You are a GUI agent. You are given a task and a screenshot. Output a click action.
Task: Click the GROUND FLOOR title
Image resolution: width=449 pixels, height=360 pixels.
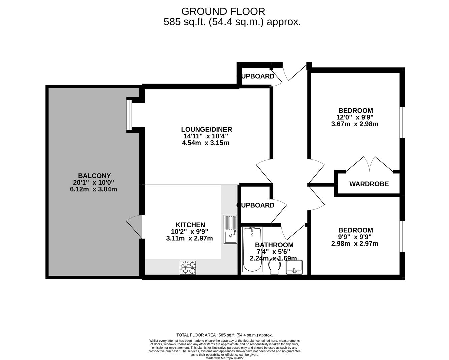pyautogui.click(x=223, y=11)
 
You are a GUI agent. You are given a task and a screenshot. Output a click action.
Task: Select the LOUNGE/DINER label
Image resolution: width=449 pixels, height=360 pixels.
pyautogui.click(x=206, y=129)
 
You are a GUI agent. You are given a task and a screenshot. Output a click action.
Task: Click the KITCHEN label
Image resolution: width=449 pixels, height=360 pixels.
pyautogui.click(x=190, y=225)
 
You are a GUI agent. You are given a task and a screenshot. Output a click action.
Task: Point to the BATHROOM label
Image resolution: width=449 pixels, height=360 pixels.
pyautogui.click(x=274, y=245)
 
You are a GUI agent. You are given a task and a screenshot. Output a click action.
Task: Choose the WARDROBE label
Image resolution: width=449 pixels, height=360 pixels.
pyautogui.click(x=369, y=184)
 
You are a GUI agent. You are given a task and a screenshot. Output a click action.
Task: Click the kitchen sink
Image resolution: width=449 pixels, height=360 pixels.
pyautogui.click(x=230, y=229)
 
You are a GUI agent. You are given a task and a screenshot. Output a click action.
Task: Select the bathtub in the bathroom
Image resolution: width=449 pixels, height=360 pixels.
pyautogui.click(x=252, y=249)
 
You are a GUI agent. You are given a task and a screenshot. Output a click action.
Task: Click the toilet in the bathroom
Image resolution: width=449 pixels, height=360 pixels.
pyautogui.click(x=275, y=267)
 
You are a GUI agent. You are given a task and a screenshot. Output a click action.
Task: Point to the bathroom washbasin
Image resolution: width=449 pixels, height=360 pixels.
pyautogui.click(x=294, y=267)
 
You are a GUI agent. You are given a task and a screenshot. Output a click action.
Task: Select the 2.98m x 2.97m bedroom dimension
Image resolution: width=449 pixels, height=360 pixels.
pyautogui.click(x=355, y=244)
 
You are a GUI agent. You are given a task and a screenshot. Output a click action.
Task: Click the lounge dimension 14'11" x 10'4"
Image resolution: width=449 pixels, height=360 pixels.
pyautogui.click(x=206, y=136)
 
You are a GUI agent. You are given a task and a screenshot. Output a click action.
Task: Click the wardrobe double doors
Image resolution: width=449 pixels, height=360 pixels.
pyautogui.click(x=369, y=164)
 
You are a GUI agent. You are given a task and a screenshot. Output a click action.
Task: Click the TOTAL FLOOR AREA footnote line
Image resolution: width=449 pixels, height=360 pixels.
pyautogui.click(x=224, y=335)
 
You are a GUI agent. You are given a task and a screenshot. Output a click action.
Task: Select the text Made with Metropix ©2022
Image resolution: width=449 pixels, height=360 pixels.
pyautogui.click(x=224, y=358)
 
